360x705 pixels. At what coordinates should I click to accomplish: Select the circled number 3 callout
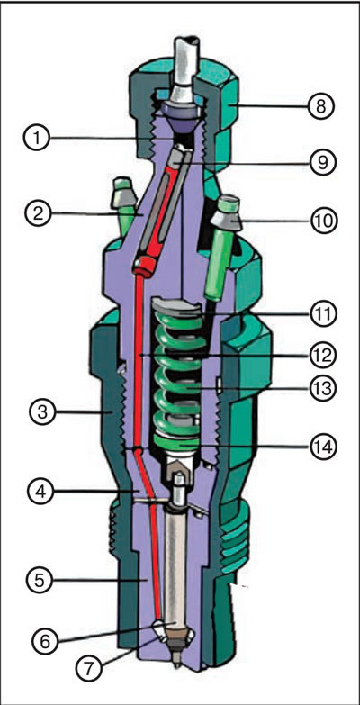pos(41,411)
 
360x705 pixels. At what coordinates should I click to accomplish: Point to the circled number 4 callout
pos(41,492)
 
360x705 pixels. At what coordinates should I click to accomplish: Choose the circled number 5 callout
pos(41,581)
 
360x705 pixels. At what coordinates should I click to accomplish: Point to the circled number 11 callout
pos(322,314)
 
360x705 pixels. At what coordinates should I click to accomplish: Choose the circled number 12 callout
pos(322,356)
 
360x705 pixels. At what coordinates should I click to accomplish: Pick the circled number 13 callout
pos(322,388)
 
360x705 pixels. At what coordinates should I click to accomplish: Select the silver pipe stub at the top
pos(186,68)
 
